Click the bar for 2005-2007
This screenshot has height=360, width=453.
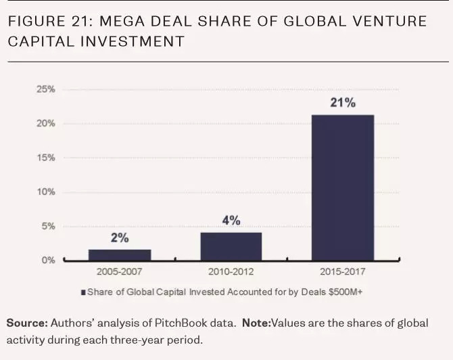click(120, 254)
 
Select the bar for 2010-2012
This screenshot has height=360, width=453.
click(231, 246)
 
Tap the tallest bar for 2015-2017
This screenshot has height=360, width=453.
click(342, 187)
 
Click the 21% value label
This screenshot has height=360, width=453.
click(343, 104)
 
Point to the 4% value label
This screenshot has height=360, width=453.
click(231, 221)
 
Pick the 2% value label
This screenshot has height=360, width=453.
click(120, 238)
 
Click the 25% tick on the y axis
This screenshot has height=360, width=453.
click(46, 89)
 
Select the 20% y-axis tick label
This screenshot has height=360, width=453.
click(46, 124)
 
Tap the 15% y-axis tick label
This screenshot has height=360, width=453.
click(46, 158)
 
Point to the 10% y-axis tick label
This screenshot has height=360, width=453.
click(46, 192)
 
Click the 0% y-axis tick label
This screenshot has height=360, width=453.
click(48, 261)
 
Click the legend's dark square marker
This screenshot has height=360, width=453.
click(83, 292)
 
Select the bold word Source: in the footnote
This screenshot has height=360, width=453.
click(27, 323)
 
